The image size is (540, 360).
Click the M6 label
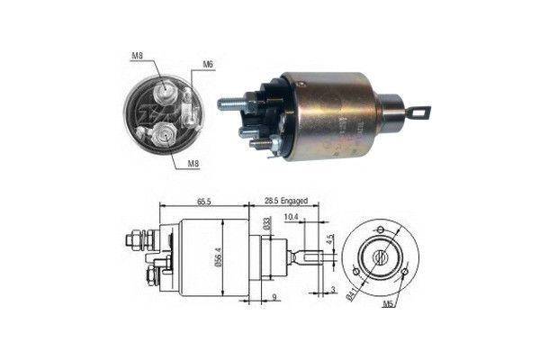pos(207,65)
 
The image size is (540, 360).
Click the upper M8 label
pos(137,57)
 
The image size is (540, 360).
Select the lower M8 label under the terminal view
pos(193,163)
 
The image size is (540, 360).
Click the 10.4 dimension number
pos(291,218)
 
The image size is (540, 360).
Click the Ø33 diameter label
pos(267,226)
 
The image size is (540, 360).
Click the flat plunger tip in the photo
pos(419,112)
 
